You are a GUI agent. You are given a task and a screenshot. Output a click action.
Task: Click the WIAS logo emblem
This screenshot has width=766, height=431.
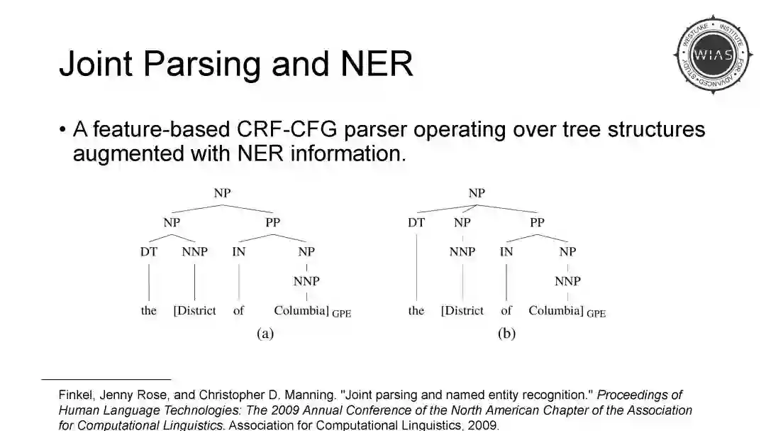713,55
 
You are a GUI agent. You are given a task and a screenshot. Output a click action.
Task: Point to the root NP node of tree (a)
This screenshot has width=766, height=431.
222,193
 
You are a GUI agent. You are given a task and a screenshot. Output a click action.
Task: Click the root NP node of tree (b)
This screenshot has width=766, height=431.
477,193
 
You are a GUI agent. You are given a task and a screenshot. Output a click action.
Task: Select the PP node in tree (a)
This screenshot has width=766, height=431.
272,222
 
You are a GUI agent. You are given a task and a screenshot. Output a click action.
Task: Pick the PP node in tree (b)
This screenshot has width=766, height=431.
538,222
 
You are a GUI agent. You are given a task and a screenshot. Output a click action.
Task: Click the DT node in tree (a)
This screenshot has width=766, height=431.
149,251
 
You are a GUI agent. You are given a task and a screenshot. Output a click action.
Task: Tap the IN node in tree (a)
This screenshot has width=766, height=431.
238,251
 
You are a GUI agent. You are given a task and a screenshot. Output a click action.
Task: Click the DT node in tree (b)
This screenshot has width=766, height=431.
416,222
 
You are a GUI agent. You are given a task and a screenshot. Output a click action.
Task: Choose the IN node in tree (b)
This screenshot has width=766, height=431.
506,251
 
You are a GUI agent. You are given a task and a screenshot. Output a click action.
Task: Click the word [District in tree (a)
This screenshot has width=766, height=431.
195,310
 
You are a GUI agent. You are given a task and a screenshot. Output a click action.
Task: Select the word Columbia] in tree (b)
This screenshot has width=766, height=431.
556,310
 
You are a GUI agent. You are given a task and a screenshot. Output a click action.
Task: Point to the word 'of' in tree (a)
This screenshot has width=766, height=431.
238,310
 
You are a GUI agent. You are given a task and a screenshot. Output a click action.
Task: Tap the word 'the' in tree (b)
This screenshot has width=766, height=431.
416,310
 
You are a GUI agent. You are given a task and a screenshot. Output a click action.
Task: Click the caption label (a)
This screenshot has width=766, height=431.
265,334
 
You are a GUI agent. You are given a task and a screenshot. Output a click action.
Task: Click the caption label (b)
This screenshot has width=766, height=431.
506,334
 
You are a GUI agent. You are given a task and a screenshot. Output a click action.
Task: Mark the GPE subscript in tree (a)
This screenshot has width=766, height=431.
342,313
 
